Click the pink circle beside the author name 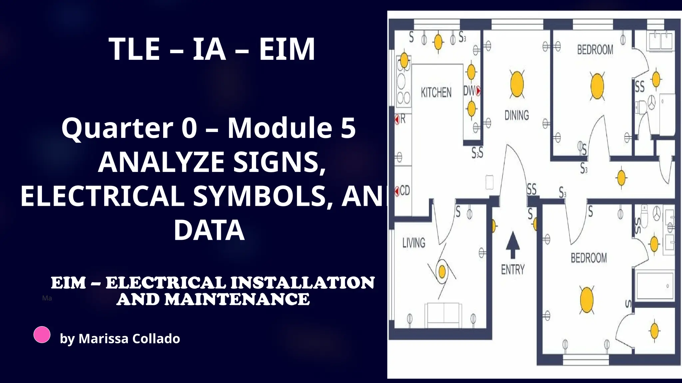pos(42,334)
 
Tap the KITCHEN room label pos(436,92)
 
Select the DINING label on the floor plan pos(516,115)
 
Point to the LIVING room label pos(414,243)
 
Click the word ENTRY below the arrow pos(513,269)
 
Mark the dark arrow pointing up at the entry pos(513,245)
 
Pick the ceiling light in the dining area pos(517,84)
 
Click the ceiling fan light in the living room pos(442,272)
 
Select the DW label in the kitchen pos(469,90)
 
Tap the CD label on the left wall pos(405,191)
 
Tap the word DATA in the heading pos(209,230)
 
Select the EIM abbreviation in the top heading pos(286,49)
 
